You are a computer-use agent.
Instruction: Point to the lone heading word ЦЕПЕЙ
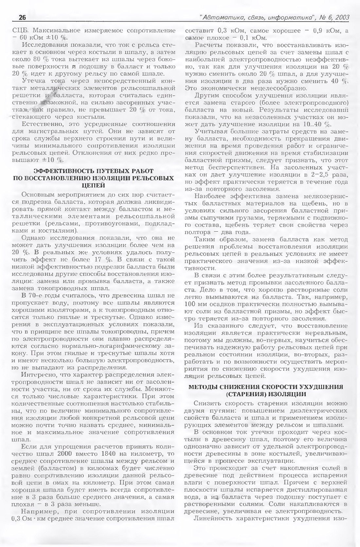(93, 185)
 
